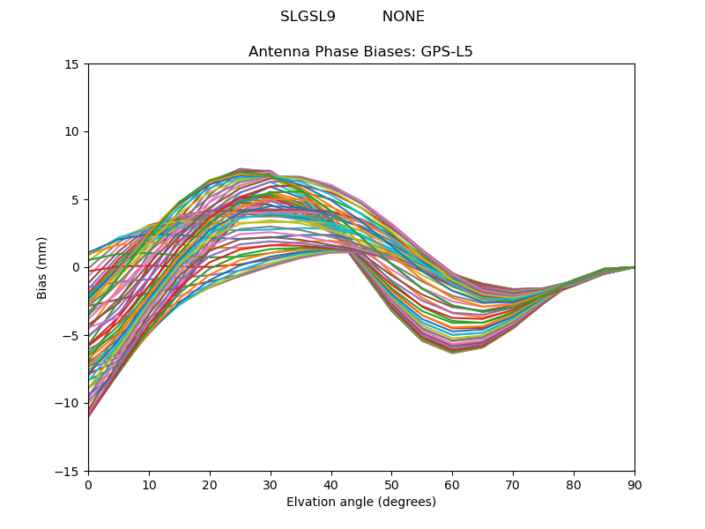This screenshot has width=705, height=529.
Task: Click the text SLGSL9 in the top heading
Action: point(308,17)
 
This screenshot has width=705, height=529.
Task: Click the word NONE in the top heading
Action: point(403,17)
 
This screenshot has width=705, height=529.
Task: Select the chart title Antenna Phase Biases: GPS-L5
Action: point(360,52)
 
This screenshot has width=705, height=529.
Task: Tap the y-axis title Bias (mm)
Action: point(42,267)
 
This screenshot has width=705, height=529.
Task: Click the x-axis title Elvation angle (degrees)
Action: point(360,502)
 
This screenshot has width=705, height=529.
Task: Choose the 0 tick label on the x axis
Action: point(88,484)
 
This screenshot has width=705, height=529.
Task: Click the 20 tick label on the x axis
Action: point(210,484)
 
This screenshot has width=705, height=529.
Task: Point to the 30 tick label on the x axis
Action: point(271,484)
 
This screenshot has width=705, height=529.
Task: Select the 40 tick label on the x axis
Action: point(331,484)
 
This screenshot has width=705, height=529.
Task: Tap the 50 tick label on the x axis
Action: point(391,484)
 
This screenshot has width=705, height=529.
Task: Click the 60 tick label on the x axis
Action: point(452,484)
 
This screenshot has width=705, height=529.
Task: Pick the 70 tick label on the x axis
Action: point(513,484)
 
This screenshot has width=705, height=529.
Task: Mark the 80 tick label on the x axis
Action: point(574,484)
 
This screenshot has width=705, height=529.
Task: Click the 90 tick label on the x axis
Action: point(634,484)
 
